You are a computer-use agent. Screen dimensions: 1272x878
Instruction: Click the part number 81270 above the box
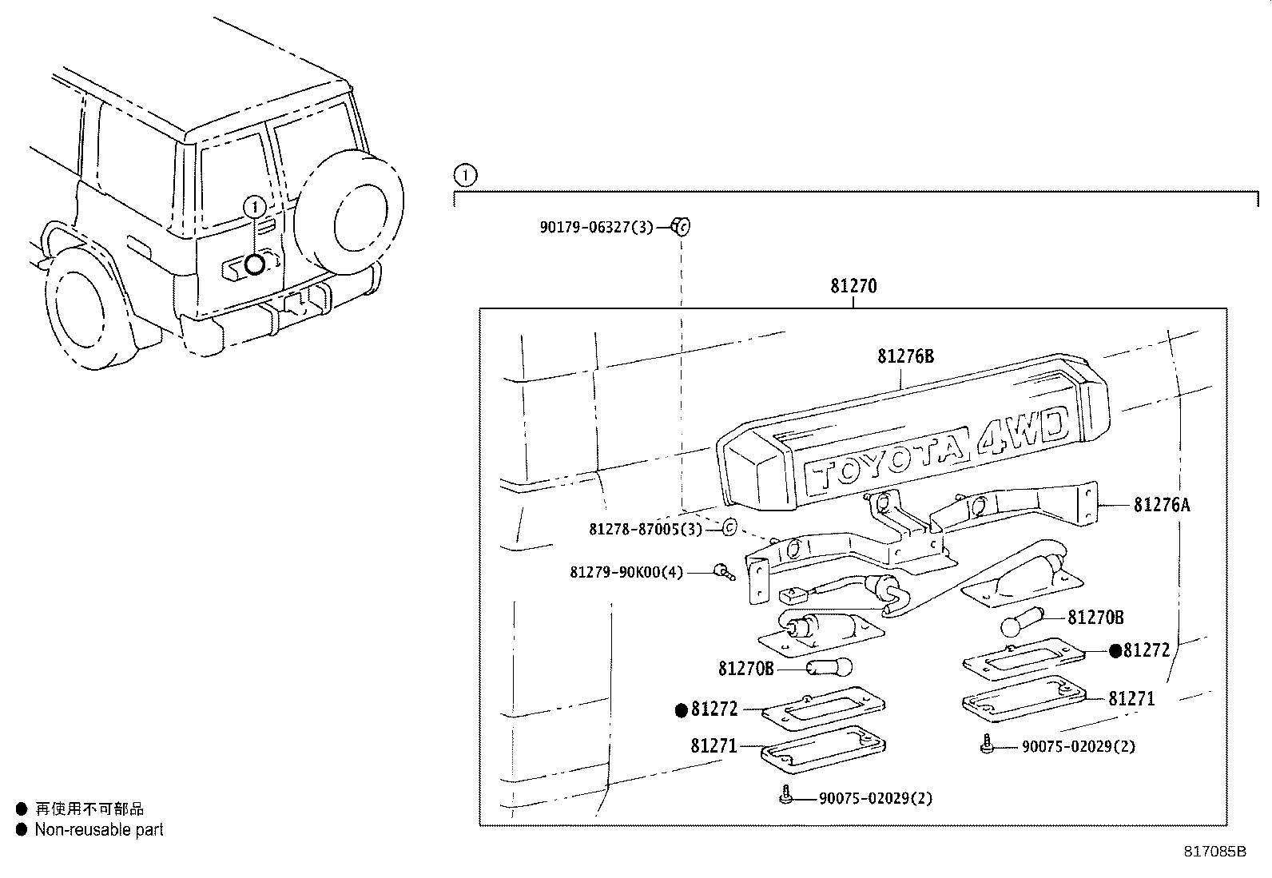click(853, 286)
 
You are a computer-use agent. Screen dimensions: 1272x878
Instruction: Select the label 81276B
click(906, 356)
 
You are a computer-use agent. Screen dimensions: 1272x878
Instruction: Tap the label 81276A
click(1162, 504)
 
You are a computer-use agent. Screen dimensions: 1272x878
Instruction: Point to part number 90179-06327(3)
click(596, 227)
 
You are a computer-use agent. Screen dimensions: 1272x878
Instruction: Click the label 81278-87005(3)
click(646, 530)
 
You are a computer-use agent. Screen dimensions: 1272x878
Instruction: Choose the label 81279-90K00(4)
click(626, 572)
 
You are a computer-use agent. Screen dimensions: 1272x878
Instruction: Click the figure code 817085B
click(1214, 852)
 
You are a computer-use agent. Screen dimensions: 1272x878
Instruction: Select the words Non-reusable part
click(99, 830)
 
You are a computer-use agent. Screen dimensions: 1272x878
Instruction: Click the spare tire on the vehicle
click(348, 213)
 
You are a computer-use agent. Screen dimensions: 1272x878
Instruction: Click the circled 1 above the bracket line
click(465, 175)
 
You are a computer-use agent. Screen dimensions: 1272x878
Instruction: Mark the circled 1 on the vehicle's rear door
click(254, 207)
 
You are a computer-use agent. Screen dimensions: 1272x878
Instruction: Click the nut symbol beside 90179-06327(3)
click(680, 226)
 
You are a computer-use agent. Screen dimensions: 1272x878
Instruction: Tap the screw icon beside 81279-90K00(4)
click(724, 571)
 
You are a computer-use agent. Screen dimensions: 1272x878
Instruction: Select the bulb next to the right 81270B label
click(1022, 622)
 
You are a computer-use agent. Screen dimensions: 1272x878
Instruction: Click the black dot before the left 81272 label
click(682, 710)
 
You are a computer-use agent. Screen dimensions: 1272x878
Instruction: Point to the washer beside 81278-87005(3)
click(729, 527)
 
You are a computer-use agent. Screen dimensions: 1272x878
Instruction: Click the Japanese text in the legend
click(89, 808)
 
